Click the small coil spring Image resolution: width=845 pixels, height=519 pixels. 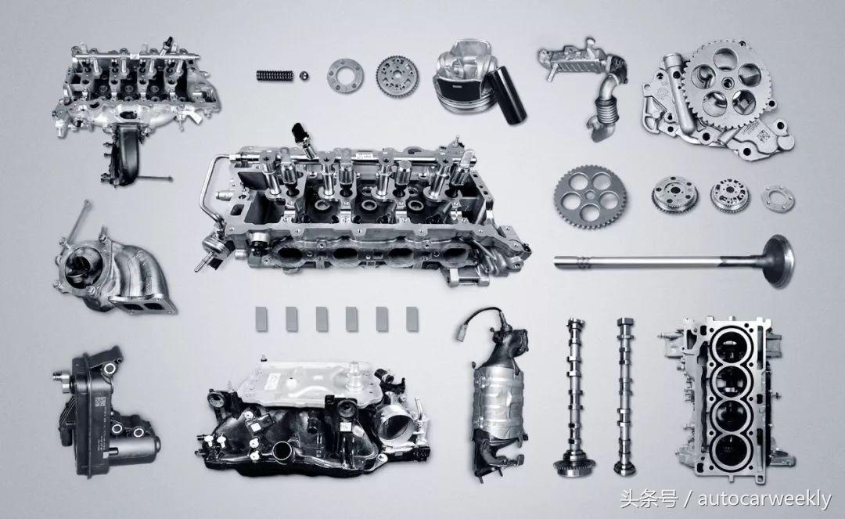click(x=275, y=76)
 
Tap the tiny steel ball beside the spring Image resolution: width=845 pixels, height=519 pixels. click(x=304, y=76)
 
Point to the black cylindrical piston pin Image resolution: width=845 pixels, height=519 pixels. click(x=506, y=96)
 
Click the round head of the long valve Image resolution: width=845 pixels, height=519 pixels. click(x=779, y=261)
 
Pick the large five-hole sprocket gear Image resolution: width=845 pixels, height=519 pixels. click(x=590, y=197)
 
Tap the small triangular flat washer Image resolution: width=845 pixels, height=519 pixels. click(x=778, y=198)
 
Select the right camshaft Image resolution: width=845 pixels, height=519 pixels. click(x=625, y=396)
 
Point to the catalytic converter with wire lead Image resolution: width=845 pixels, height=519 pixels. click(x=497, y=394)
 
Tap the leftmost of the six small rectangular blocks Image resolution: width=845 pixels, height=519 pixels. click(x=261, y=319)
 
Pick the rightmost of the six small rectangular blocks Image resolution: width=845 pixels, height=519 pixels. click(x=412, y=319)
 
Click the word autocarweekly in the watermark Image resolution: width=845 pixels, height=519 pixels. click(x=764, y=499)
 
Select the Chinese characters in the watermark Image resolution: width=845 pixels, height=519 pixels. click(x=649, y=499)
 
